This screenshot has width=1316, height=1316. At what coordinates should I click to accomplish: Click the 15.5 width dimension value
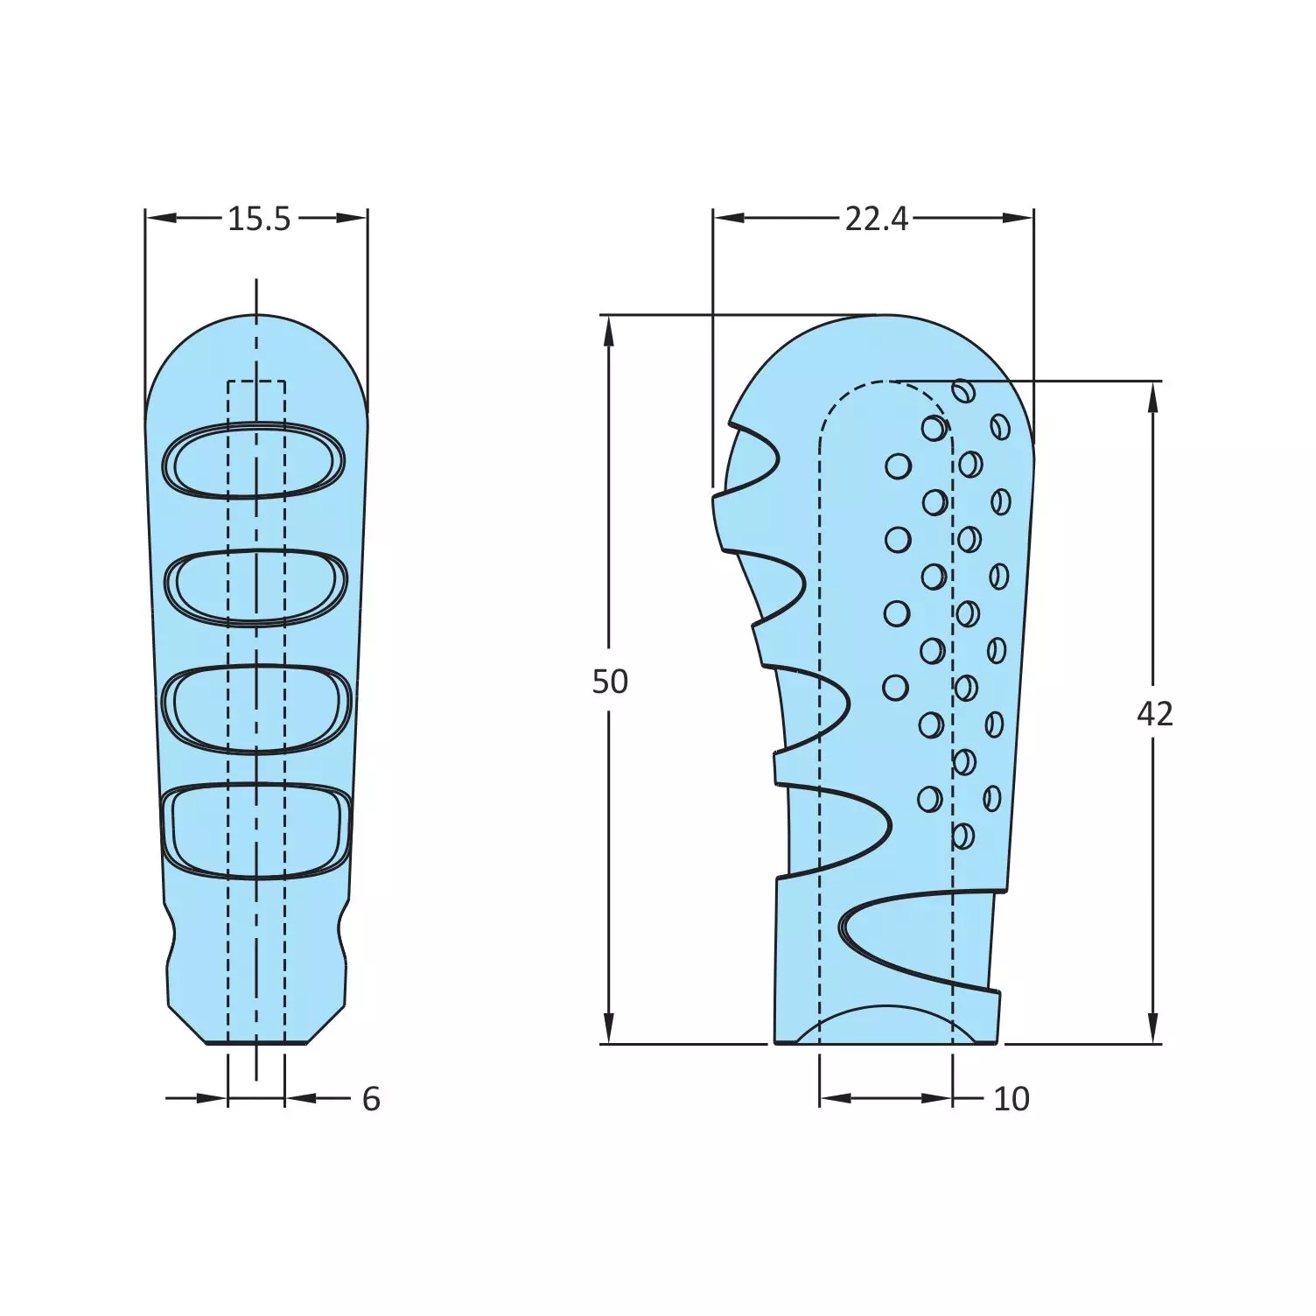[x=258, y=219]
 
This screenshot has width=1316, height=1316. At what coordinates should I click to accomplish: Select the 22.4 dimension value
[x=876, y=219]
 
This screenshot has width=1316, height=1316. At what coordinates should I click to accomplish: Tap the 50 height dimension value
[x=610, y=682]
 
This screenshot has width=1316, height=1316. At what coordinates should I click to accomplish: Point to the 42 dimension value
[x=1154, y=715]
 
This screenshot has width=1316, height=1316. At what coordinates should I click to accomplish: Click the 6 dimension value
[x=371, y=1099]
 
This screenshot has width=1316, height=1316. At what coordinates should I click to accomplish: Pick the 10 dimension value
[x=1011, y=1099]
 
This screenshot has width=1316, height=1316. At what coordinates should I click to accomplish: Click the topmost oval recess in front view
[x=255, y=461]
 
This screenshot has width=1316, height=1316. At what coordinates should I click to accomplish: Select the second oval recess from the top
[x=255, y=586]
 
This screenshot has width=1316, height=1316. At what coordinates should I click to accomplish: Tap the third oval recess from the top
[x=256, y=709]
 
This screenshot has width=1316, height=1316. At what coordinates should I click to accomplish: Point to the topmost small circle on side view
[x=963, y=391]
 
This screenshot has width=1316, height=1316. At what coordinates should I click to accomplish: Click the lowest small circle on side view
[x=962, y=836]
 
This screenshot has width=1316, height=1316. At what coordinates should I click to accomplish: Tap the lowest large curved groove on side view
[x=910, y=936]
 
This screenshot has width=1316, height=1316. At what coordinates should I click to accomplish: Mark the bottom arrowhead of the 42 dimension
[x=1153, y=1029]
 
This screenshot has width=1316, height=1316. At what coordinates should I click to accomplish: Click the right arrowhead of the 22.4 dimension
[x=1018, y=218]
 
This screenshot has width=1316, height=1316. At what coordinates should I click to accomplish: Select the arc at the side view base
[x=885, y=1015]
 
